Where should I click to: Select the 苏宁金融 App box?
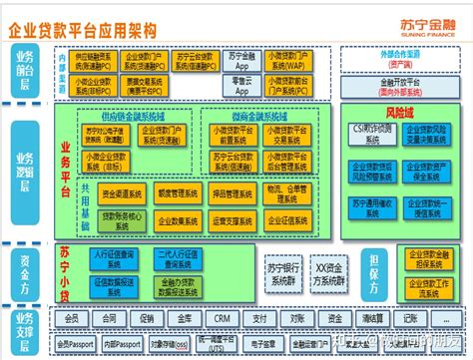pyautogui.click(x=241, y=61)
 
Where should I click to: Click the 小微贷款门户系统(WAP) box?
pyautogui.click(x=295, y=61)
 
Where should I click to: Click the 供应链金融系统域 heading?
pyautogui.click(x=130, y=116)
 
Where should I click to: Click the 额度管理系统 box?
pyautogui.click(x=179, y=190)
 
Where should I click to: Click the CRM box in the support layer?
pyautogui.click(x=224, y=320)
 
